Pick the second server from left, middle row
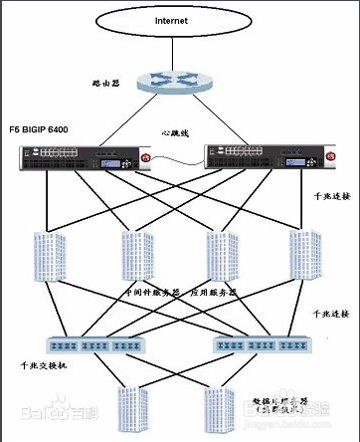[x=136, y=257]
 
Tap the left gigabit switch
[x=97, y=344]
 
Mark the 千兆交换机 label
[x=39, y=366]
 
